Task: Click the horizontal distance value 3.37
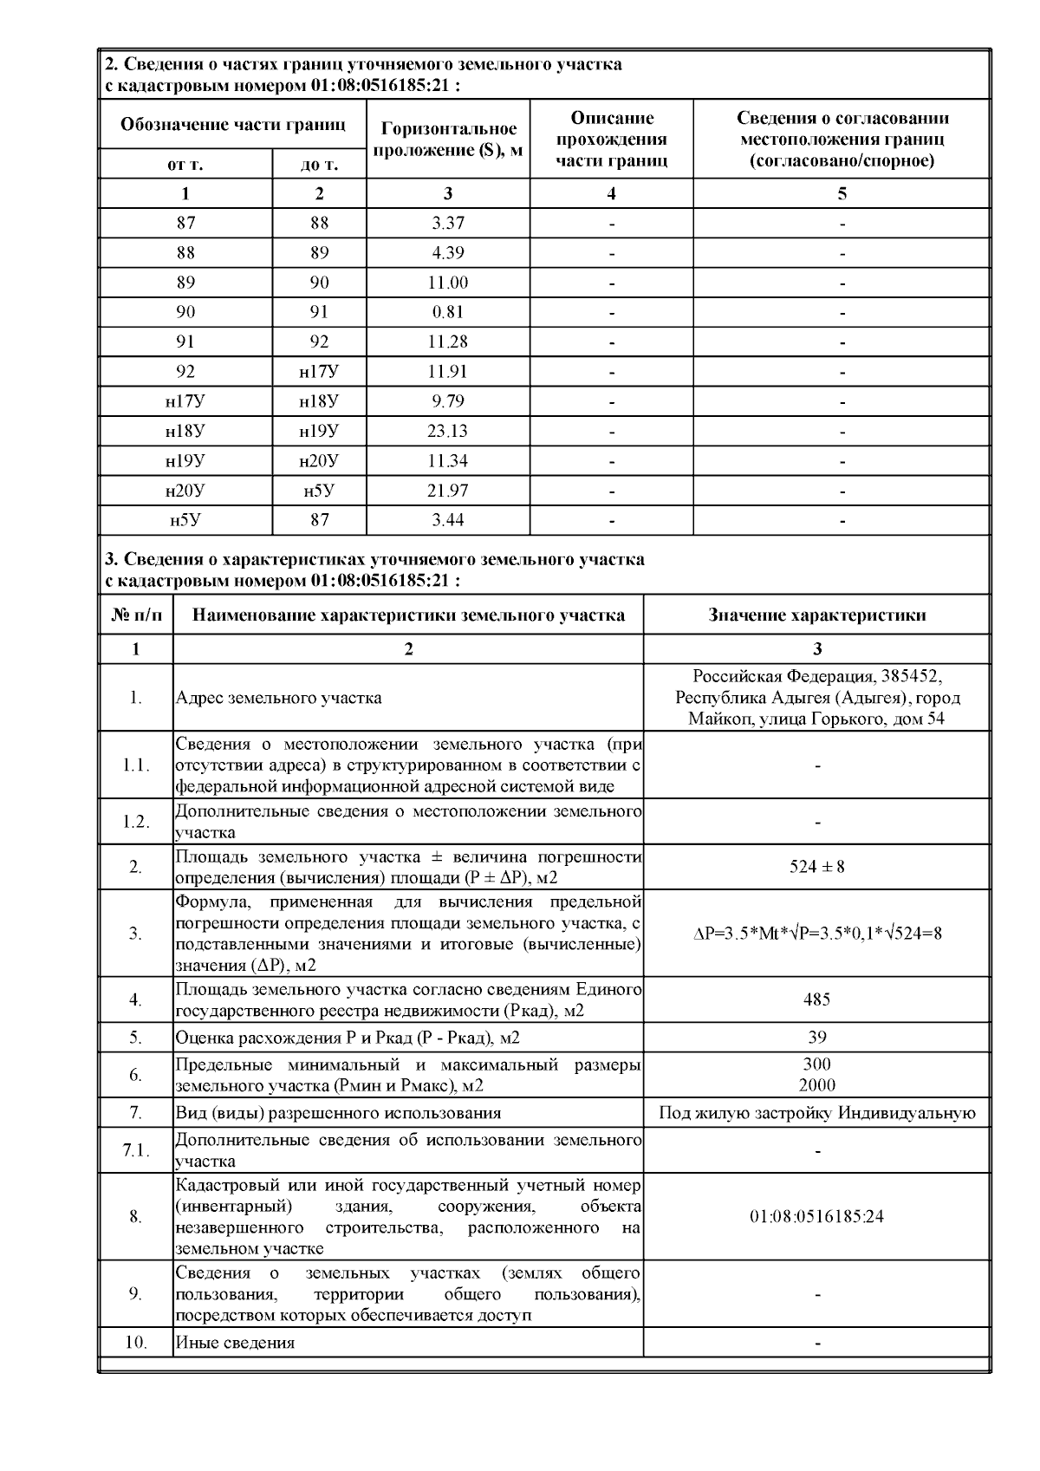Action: click(448, 223)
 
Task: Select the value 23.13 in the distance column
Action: click(448, 431)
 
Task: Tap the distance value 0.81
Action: click(448, 312)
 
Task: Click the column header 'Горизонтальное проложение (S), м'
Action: click(448, 140)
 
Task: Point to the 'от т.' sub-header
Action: click(185, 164)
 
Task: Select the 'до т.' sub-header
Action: click(319, 164)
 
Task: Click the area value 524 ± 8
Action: click(816, 866)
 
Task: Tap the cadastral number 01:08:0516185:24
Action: click(816, 1216)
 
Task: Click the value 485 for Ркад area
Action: click(816, 999)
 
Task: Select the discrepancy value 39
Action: click(816, 1037)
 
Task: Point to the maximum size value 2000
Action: click(816, 1085)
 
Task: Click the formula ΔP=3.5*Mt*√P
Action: click(816, 934)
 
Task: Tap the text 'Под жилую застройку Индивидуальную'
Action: click(816, 1113)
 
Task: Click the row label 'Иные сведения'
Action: click(235, 1343)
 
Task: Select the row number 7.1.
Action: click(135, 1150)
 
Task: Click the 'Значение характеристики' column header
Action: click(816, 615)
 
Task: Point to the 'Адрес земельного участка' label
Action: click(278, 698)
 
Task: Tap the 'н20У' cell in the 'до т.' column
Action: click(319, 460)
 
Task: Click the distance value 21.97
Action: click(448, 491)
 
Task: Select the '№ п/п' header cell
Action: click(136, 615)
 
